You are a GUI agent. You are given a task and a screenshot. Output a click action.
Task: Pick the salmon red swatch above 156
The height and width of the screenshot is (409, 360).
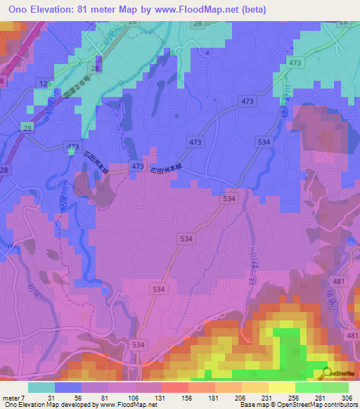click(174, 387)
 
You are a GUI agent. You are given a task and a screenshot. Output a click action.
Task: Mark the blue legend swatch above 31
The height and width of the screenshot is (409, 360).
click(68, 387)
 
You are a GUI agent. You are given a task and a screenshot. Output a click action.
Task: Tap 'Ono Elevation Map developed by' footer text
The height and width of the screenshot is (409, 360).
click(44, 405)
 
